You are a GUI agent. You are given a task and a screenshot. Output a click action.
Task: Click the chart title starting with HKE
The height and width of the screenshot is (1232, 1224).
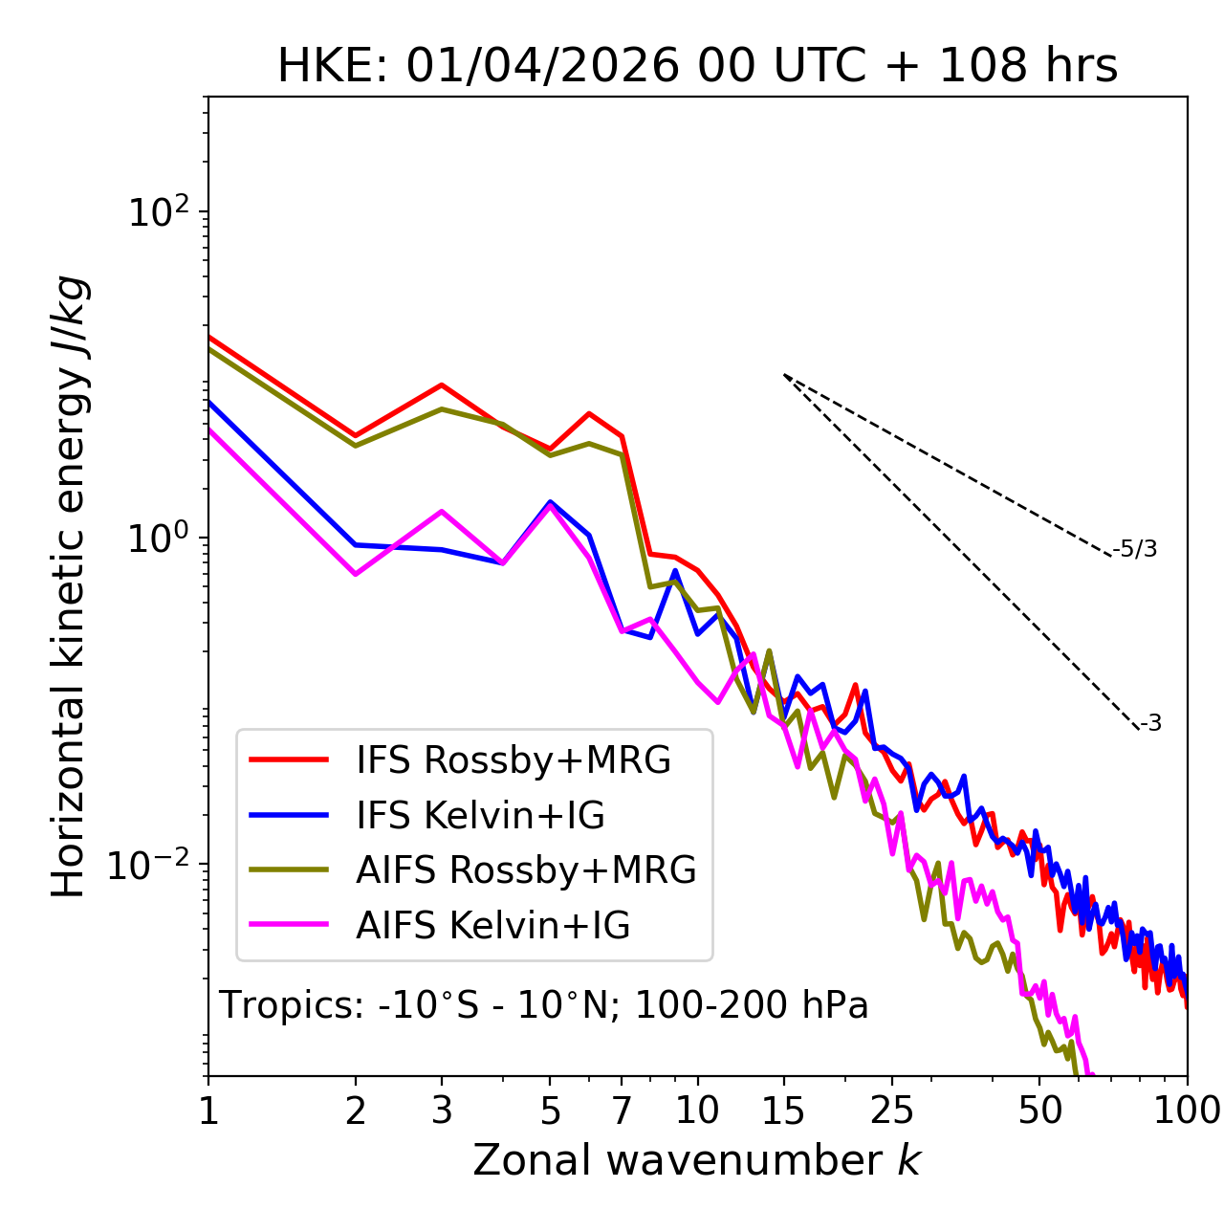click(x=697, y=67)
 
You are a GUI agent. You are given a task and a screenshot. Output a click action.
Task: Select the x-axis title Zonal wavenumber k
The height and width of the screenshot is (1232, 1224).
click(x=696, y=1160)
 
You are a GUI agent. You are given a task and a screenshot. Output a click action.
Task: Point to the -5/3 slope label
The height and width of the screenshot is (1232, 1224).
click(x=1135, y=550)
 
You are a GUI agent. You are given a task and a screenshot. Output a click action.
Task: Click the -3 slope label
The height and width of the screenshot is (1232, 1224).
click(x=1150, y=724)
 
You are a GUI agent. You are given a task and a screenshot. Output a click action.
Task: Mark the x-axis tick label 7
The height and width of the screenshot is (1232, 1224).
click(x=622, y=1111)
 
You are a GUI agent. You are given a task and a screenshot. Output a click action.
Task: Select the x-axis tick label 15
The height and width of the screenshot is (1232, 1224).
click(x=783, y=1111)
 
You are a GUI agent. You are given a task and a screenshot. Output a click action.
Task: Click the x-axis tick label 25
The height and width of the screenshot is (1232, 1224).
click(x=892, y=1111)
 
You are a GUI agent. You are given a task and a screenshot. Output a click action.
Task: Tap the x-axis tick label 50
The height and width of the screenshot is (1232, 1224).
click(x=1039, y=1111)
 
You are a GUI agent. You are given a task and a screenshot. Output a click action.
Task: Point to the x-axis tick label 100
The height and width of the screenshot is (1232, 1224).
click(x=1187, y=1111)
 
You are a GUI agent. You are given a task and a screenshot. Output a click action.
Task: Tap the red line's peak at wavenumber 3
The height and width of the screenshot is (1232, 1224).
click(x=442, y=385)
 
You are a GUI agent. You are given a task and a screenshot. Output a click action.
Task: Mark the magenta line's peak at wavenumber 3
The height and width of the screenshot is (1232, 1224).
click(x=442, y=511)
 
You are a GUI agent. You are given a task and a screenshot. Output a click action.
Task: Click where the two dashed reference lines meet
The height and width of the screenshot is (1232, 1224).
click(x=784, y=375)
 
